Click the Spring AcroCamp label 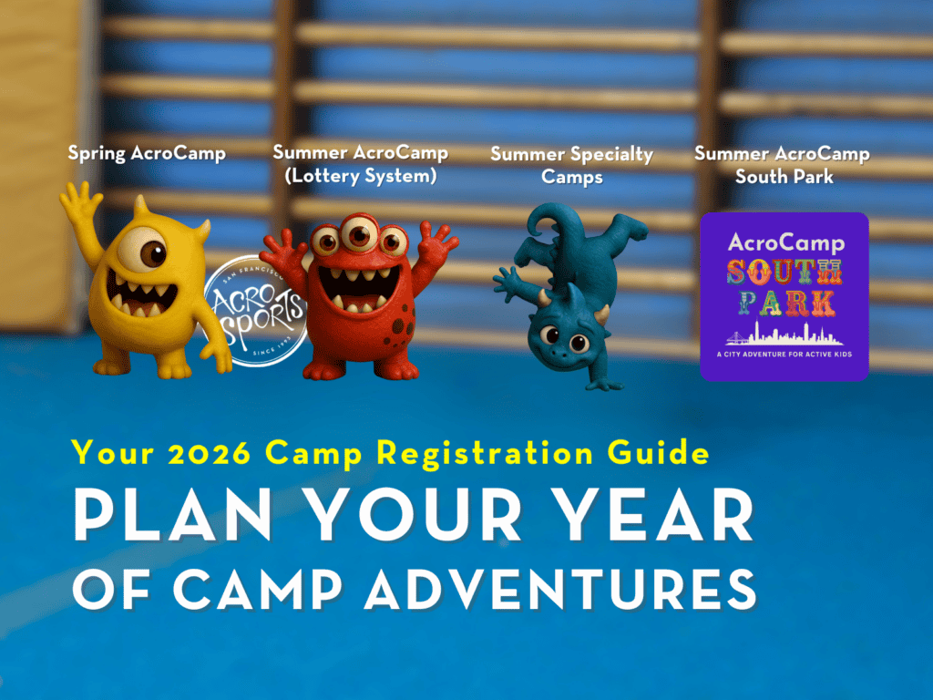click(147, 153)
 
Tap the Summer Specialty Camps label click(571, 165)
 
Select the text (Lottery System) click(360, 176)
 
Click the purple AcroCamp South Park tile click(784, 296)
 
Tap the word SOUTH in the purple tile click(784, 271)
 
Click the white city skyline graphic click(784, 333)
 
